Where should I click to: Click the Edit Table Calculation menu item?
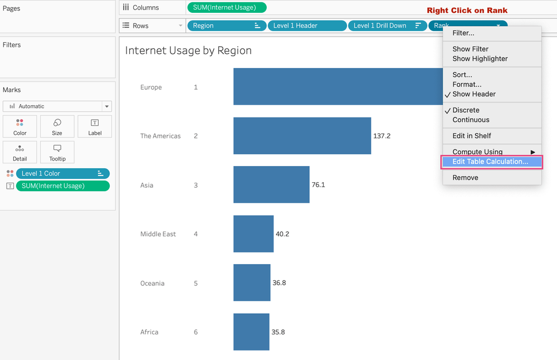(491, 162)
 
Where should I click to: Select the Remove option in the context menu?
(465, 178)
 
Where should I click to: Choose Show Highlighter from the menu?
(480, 59)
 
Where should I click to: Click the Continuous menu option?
(471, 120)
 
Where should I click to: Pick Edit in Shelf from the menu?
(471, 136)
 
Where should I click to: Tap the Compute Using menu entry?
(477, 152)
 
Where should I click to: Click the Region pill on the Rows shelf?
(226, 26)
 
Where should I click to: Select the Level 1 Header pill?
(306, 26)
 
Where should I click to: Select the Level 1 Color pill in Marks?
(62, 174)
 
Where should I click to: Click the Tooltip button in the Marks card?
(57, 152)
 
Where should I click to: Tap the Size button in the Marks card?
(57, 127)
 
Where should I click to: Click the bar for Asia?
(271, 184)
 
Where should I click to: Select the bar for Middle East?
(253, 233)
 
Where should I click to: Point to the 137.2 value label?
(382, 136)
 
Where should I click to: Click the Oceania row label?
(152, 283)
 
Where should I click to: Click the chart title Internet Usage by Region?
(188, 51)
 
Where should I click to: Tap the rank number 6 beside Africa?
(196, 332)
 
